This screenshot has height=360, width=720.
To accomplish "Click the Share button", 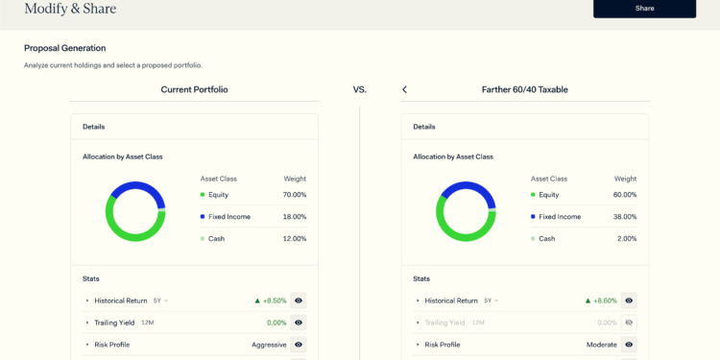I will [644, 9].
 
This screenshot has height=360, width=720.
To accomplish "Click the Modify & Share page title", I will [70, 9].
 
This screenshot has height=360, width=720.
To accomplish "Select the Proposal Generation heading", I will [64, 48].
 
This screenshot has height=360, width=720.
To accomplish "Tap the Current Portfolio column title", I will [194, 89].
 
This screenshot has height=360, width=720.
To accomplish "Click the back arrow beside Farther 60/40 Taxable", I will [404, 89].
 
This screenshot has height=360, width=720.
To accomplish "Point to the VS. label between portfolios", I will [359, 89].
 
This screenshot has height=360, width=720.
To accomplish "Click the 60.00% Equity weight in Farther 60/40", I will [624, 195].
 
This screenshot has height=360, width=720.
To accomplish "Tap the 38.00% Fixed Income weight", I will [624, 217].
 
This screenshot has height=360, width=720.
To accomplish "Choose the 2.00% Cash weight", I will [627, 238].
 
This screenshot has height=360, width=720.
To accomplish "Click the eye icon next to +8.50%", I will [299, 300].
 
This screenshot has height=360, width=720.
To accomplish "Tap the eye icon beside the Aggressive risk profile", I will [299, 345].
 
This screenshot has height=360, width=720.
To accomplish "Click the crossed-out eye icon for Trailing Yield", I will [629, 323].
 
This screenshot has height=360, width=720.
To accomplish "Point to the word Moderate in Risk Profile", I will [601, 345].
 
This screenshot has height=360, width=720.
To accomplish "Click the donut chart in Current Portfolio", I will [135, 211].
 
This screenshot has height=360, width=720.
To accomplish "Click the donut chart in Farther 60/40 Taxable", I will [466, 211].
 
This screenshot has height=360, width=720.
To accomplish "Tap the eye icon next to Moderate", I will [629, 345].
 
